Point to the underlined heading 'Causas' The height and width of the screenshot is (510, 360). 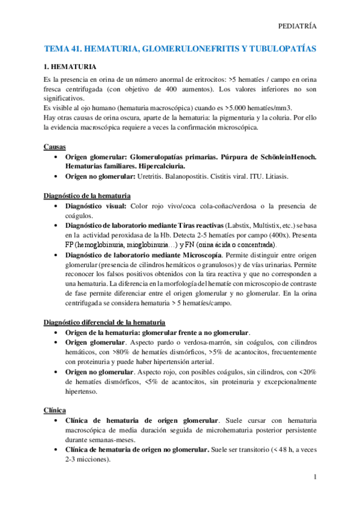point(54,147)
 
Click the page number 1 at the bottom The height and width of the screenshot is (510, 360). point(314,477)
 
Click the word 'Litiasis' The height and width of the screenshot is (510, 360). point(274,177)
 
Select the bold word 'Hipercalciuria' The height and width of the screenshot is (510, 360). point(158,165)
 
